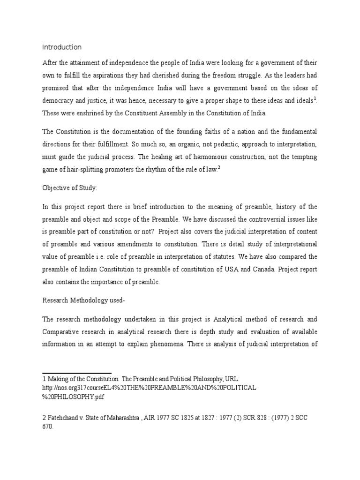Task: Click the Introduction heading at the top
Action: pos(62,47)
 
